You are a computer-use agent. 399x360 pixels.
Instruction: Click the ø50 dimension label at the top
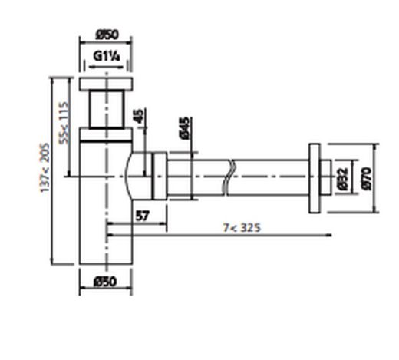pos(106,35)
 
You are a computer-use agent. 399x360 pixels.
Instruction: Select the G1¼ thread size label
pos(106,56)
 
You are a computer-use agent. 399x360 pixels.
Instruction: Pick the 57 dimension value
pos(142,216)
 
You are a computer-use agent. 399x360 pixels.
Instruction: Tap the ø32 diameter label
pos(342,179)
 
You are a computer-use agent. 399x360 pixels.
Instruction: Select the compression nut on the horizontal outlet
pos(160,177)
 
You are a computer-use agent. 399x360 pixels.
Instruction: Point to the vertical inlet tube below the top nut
pos(106,109)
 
